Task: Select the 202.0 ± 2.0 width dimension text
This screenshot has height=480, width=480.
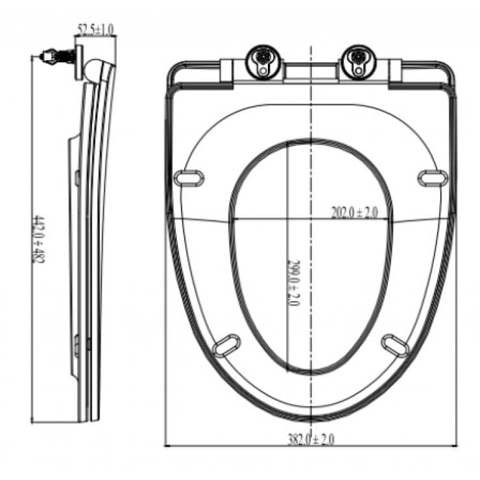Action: tap(354, 212)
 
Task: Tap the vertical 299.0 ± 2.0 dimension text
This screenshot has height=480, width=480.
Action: tap(293, 283)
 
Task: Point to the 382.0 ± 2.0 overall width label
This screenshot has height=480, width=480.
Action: tap(312, 439)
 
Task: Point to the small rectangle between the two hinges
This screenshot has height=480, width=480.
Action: tap(311, 70)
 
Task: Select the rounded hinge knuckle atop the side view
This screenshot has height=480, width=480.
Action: tap(95, 67)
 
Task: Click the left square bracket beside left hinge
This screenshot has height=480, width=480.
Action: tap(231, 70)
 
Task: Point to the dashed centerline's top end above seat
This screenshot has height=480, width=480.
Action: tap(311, 48)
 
